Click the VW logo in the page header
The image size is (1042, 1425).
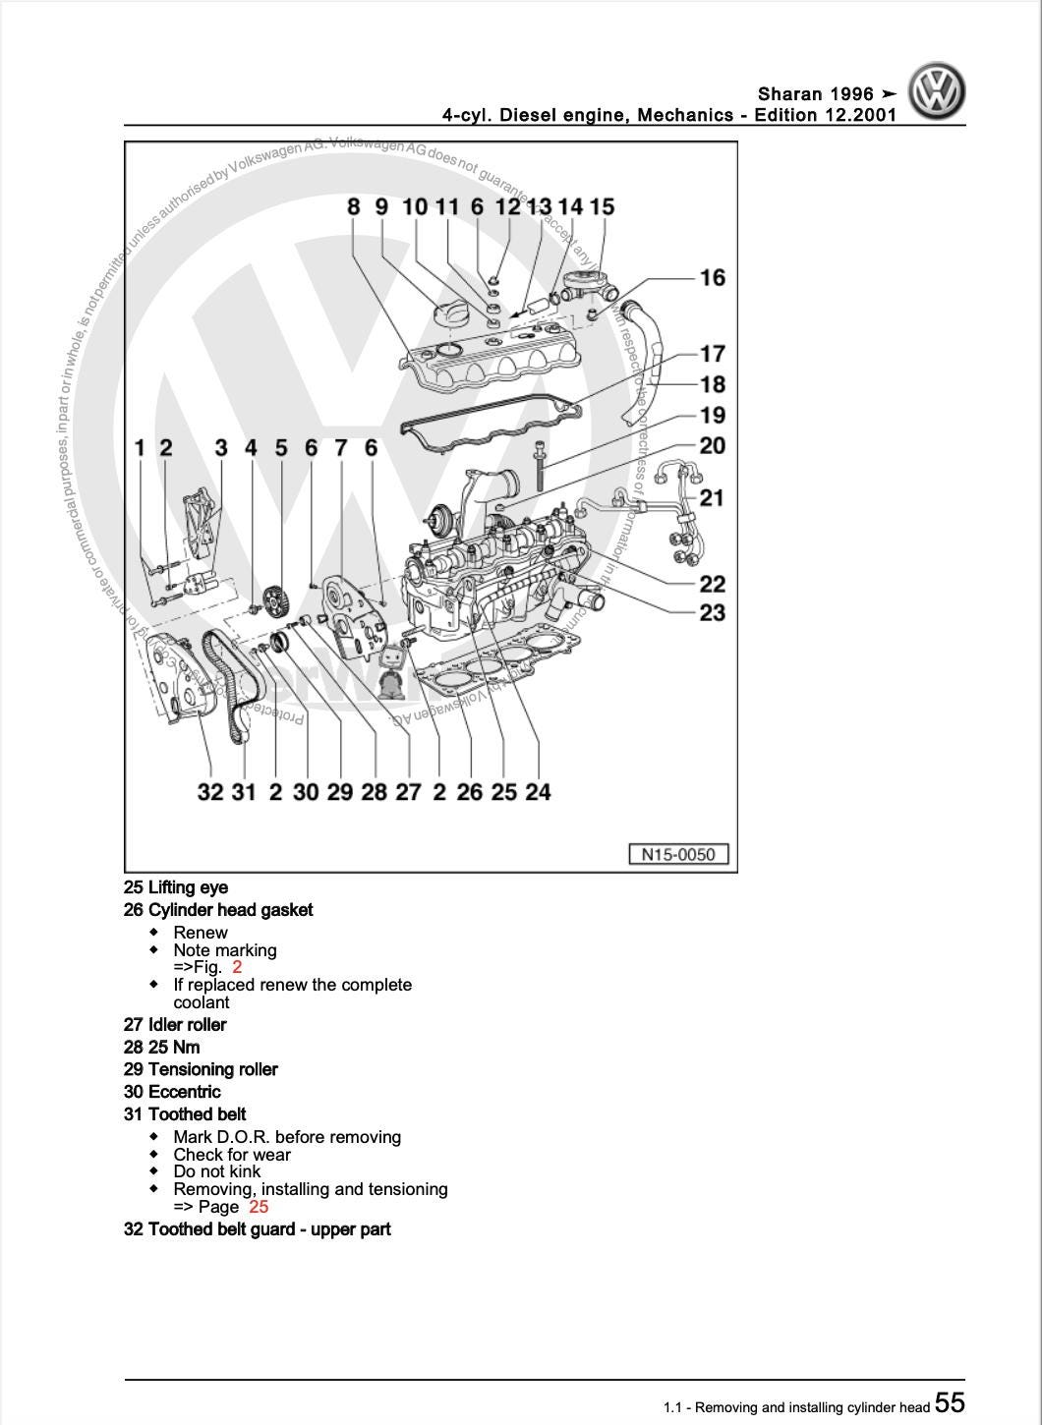pos(936,91)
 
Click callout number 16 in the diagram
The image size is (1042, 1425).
pos(713,278)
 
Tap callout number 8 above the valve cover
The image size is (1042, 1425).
pos(354,206)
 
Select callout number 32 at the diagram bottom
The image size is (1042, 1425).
pos(210,792)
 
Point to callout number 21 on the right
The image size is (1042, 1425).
pos(712,498)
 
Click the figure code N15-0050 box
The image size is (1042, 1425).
pos(678,854)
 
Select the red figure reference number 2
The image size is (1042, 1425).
pos(237,967)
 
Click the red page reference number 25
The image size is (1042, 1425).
pos(259,1207)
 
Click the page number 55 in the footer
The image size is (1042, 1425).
pos(950,1402)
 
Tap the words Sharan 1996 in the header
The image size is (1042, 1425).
pos(815,94)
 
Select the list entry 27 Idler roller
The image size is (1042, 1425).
pos(175,1024)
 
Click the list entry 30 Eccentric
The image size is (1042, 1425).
pos(172,1092)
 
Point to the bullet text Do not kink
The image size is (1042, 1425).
pos(217,1171)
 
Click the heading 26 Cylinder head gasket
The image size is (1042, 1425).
pos(218,910)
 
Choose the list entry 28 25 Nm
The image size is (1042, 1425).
pos(161,1047)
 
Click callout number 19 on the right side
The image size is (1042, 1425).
pos(713,416)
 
